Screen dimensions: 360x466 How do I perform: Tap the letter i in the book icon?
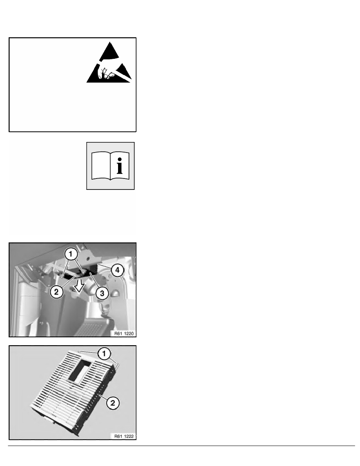point(119,166)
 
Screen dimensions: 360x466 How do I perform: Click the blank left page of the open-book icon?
point(101,166)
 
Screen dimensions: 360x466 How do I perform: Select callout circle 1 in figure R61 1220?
point(71,254)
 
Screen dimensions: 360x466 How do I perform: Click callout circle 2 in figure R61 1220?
point(56,292)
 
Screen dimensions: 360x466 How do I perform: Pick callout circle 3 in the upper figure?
point(102,293)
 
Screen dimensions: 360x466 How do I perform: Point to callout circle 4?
point(118,270)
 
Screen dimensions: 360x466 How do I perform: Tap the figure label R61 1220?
point(124,333)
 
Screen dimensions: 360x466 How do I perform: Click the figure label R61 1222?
point(124,436)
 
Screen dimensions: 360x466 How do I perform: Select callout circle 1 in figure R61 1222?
point(104,354)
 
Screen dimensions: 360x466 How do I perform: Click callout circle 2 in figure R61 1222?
point(113,403)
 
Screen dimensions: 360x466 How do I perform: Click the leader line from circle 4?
point(105,266)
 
